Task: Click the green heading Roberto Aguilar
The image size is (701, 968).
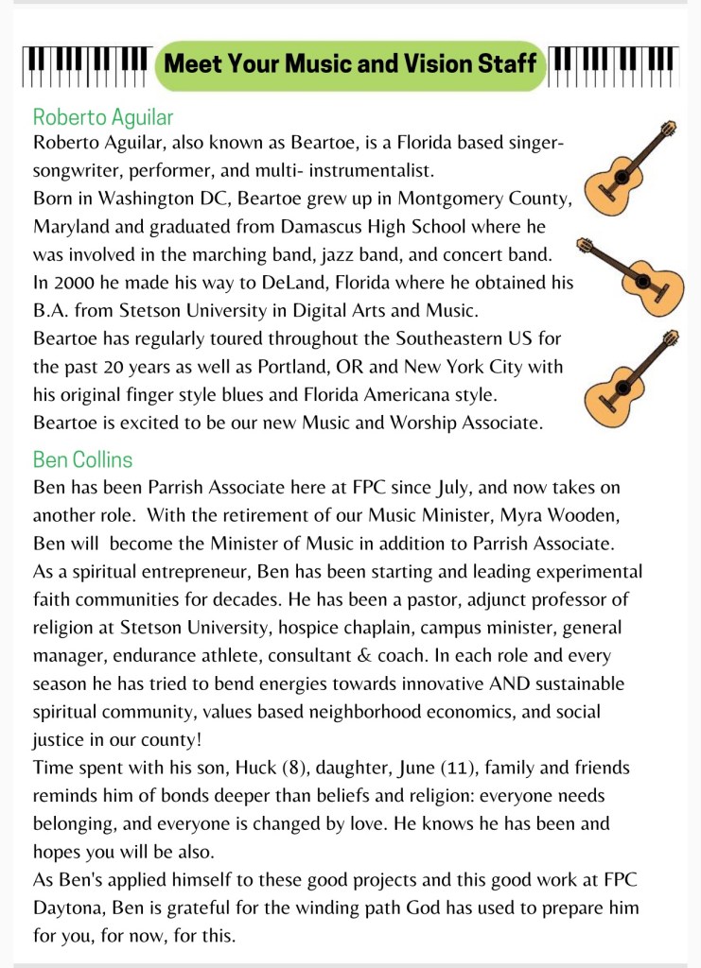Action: click(x=103, y=117)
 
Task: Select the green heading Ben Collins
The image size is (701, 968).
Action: click(x=82, y=459)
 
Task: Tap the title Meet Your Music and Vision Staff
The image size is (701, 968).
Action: click(x=350, y=65)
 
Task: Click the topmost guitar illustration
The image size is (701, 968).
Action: click(x=630, y=167)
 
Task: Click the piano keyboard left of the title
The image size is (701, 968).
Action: click(x=86, y=64)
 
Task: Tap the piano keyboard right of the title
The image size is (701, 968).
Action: click(x=613, y=64)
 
